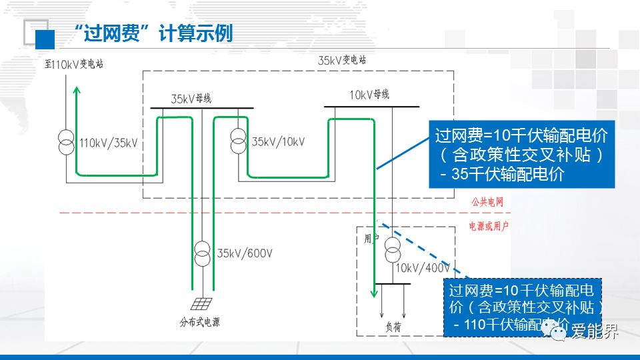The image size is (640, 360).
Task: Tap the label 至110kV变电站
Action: click(x=79, y=64)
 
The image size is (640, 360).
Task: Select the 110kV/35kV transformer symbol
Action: click(x=66, y=142)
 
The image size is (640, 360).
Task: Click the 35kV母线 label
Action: click(x=191, y=99)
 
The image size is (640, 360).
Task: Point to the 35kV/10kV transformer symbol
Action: click(x=238, y=141)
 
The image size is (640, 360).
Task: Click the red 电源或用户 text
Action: click(x=489, y=227)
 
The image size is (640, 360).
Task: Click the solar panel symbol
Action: click(x=203, y=304)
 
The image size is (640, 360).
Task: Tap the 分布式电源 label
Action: click(x=200, y=323)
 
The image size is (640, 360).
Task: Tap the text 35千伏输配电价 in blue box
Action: click(x=509, y=175)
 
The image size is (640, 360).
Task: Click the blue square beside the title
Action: click(x=45, y=39)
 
